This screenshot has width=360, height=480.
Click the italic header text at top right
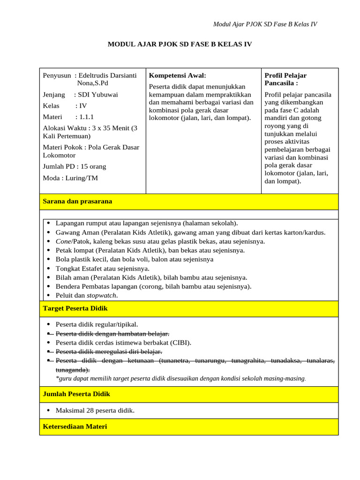(265, 24)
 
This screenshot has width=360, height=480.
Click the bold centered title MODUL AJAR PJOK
(180, 45)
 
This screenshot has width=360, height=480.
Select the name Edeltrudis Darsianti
(107, 75)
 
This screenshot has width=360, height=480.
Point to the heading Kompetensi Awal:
(177, 75)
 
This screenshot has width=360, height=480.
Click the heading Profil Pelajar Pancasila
(285, 79)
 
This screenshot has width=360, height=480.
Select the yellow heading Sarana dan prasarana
(77, 201)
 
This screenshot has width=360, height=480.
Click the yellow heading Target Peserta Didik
(75, 308)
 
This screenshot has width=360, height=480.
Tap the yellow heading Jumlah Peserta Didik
(76, 394)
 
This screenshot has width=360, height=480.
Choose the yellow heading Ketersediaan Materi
(75, 427)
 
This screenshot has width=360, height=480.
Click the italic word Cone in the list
(63, 241)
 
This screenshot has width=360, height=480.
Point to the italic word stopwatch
(102, 295)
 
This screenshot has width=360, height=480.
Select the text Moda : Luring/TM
(70, 178)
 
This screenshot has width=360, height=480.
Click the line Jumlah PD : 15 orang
(75, 166)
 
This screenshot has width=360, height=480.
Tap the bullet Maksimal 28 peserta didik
(95, 411)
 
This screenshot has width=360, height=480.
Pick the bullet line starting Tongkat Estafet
(102, 269)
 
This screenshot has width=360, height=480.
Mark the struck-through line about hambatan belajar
(112, 334)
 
